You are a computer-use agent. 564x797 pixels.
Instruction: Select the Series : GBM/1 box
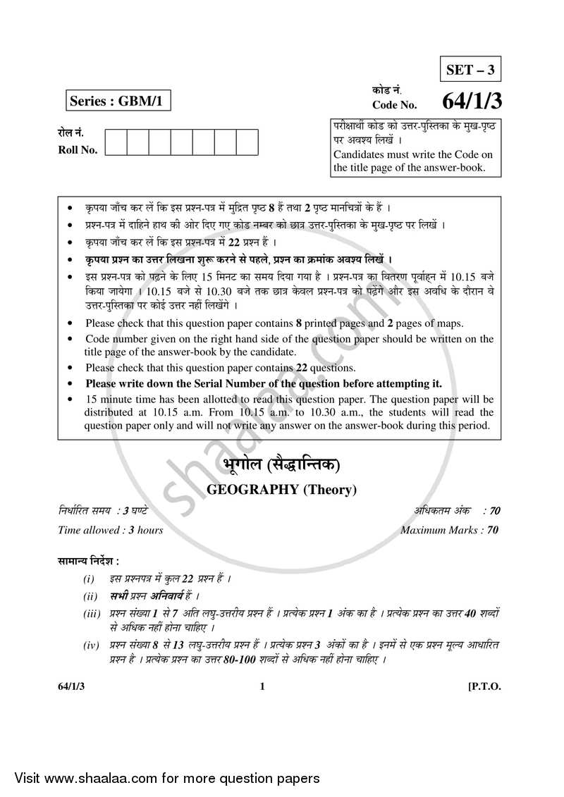[x=117, y=101]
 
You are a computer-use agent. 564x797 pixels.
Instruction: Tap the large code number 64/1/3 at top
[x=472, y=101]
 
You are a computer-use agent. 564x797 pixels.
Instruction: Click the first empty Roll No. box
[x=116, y=142]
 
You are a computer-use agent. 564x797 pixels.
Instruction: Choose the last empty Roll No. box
[x=247, y=142]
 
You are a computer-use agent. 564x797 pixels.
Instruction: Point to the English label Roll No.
[x=78, y=149]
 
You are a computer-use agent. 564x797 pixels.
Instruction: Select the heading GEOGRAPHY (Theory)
[x=281, y=490]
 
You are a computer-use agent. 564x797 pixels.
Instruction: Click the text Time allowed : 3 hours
[x=111, y=530]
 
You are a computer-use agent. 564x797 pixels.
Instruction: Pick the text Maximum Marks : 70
[x=449, y=530]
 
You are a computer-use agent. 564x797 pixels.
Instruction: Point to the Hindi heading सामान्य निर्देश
[x=88, y=561]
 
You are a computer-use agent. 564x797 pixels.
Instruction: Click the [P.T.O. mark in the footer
[x=484, y=687]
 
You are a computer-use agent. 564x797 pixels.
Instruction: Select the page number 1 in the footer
[x=262, y=687]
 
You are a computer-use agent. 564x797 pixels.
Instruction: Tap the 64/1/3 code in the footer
[x=72, y=687]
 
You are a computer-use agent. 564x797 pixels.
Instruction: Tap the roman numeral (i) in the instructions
[x=89, y=579]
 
